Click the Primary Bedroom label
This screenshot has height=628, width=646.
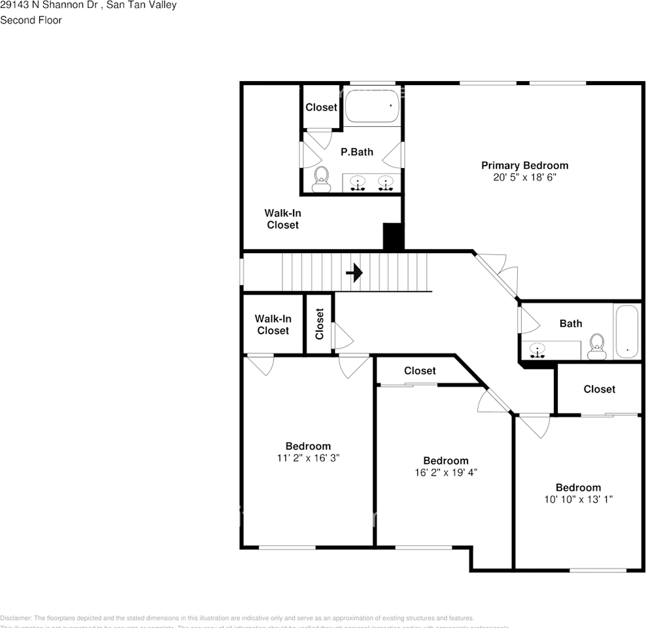click(524, 166)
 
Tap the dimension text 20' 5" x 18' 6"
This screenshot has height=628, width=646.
click(524, 177)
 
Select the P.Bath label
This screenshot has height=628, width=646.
click(357, 152)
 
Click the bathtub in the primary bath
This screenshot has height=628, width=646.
click(372, 106)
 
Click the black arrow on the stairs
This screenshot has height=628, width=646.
click(354, 272)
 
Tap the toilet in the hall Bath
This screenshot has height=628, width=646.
click(596, 347)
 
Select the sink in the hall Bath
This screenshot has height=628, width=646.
click(538, 350)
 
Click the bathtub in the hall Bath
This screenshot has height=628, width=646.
click(626, 332)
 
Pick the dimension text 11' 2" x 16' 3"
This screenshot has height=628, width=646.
click(307, 458)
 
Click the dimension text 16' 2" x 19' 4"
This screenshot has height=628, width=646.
click(445, 472)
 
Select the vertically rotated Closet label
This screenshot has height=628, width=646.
click(320, 324)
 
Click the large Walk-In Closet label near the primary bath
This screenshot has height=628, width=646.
click(282, 219)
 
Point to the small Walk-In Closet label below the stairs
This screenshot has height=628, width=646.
click(273, 324)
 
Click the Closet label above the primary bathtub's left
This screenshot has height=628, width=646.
click(321, 107)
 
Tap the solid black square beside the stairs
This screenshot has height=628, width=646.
click(393, 237)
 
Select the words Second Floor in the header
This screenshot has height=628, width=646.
click(31, 20)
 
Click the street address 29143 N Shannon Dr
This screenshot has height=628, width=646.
click(48, 5)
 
